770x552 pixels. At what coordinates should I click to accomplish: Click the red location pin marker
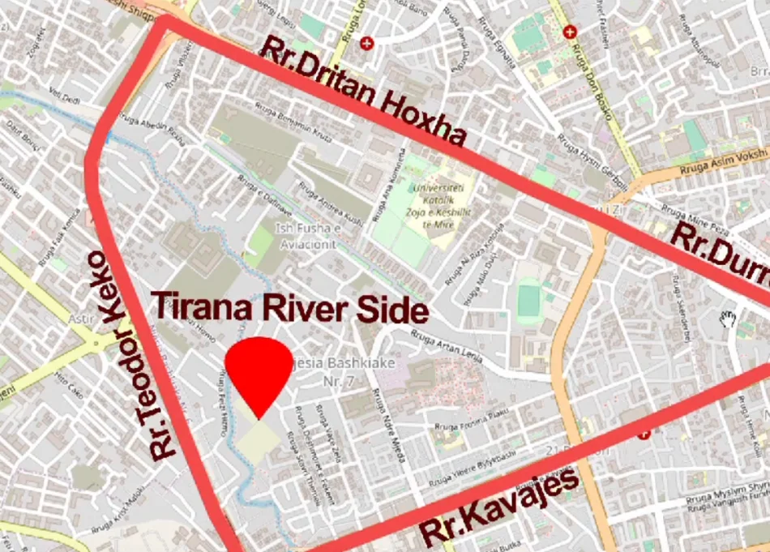point(258,372)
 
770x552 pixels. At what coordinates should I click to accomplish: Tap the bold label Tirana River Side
point(289,309)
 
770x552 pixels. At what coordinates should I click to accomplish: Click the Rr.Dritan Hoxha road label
point(364,95)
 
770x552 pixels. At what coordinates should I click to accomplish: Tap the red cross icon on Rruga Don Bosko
point(571,32)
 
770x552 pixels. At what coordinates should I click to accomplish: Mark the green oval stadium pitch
point(528,300)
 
